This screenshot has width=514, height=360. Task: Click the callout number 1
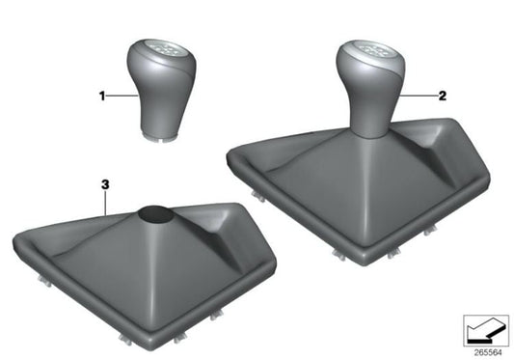(x=100, y=96)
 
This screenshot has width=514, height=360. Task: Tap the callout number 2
(x=442, y=96)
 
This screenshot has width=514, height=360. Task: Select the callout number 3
(x=102, y=182)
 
